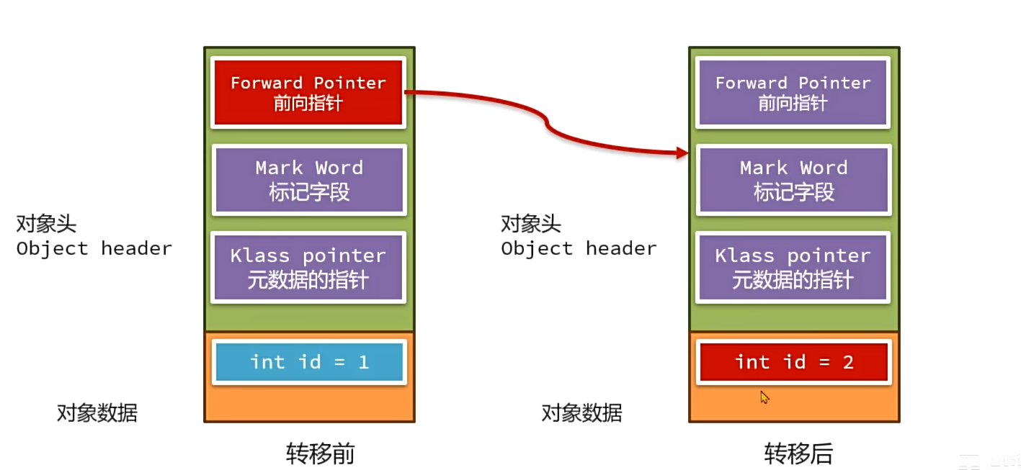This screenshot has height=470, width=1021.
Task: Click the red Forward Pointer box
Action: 308,92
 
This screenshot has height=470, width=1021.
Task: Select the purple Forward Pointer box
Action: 793,92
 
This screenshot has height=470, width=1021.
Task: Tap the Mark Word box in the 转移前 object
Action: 308,179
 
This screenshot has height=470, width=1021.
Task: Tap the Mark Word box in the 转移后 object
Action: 793,179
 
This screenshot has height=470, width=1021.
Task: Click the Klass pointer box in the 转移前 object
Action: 308,267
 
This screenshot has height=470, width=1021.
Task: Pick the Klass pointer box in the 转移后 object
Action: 793,267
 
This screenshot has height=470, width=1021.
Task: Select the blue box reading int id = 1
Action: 308,362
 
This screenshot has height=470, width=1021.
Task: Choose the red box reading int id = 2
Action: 793,362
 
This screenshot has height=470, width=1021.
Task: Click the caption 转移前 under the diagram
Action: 320,453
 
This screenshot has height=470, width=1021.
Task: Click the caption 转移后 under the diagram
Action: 798,453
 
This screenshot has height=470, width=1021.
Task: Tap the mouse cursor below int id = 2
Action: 764,397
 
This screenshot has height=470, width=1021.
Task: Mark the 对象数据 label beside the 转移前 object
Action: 97,412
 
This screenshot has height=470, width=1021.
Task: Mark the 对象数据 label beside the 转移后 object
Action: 581,412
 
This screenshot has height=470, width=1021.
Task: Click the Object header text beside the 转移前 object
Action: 94,248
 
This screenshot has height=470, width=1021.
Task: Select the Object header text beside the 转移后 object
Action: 579,248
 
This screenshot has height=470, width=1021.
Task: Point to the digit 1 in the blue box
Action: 363,362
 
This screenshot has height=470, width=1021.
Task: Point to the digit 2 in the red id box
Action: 848,362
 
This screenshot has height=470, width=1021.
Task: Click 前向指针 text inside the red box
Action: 308,103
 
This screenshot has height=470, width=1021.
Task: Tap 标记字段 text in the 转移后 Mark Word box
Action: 793,192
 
